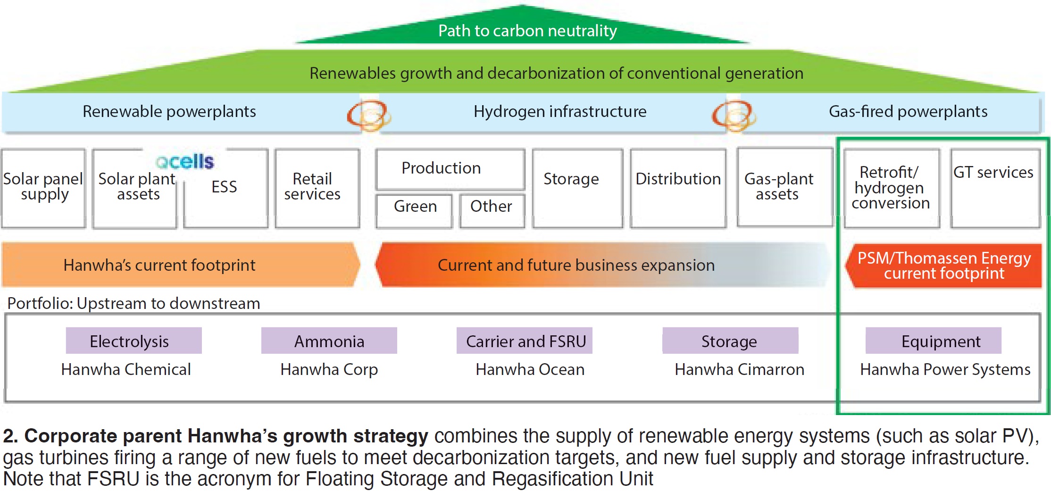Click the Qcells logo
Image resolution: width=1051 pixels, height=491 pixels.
[x=185, y=161]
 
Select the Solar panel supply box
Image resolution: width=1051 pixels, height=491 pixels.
[x=43, y=188]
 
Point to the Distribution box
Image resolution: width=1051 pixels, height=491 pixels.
[x=678, y=188]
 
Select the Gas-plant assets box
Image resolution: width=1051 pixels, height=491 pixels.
[x=785, y=188]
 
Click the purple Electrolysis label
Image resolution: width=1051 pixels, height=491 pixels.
[x=134, y=341]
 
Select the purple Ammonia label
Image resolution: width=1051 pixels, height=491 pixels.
[x=329, y=341]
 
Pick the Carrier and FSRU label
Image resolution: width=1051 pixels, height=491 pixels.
[x=525, y=341]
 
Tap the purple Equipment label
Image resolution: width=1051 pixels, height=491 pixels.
[x=934, y=341]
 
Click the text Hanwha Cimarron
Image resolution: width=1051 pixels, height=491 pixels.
[x=740, y=369]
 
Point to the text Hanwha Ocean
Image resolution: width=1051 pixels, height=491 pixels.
[x=530, y=369]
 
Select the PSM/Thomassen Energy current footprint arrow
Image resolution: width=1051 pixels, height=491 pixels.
[x=943, y=266]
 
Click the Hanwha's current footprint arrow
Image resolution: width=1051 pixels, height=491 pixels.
[x=180, y=265]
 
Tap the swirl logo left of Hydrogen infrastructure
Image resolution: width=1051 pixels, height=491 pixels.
[x=368, y=116]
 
